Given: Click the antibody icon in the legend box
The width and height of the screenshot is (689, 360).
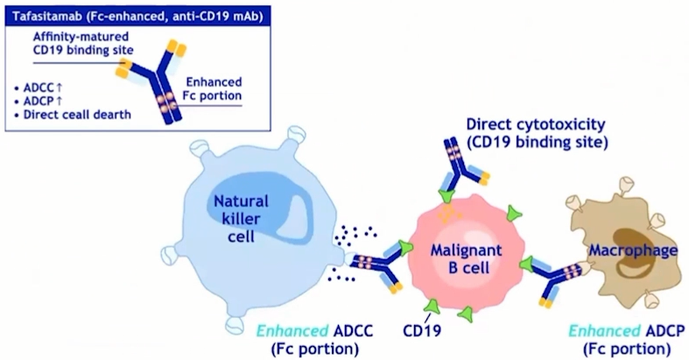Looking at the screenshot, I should (x=152, y=80).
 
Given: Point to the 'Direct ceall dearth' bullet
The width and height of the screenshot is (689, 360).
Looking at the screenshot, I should (x=77, y=114).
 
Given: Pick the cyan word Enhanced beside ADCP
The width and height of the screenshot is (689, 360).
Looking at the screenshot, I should (x=602, y=332).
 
